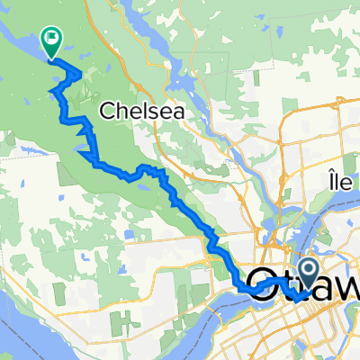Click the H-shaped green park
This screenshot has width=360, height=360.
(x=189, y=270)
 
